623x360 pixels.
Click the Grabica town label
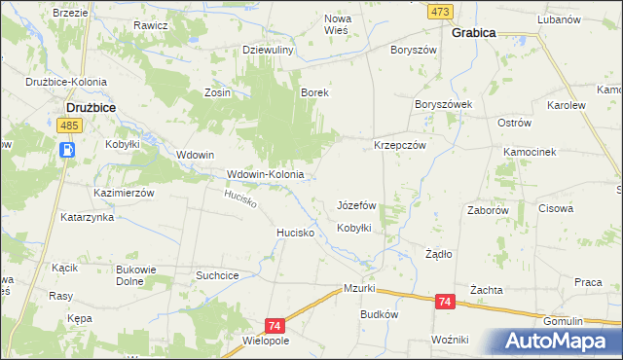pos(473,32)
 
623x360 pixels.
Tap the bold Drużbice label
pos(92,108)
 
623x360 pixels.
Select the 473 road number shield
pos(441,11)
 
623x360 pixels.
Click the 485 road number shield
pos(68,127)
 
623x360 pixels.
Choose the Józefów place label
pos(356,206)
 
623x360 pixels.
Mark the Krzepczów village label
pos(400,144)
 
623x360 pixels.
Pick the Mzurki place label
pos(359,289)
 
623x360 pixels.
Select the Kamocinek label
pos(529,153)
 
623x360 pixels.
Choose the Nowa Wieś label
pos(337,23)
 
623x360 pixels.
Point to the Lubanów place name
pos(558,19)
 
